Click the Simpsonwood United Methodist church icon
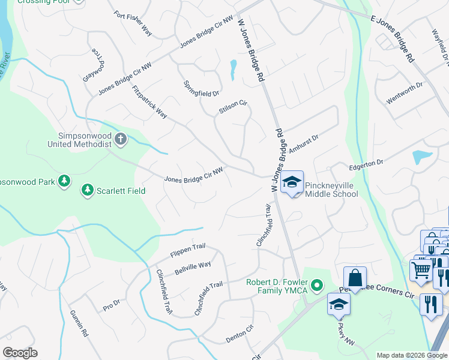120,140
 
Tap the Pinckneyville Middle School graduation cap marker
292,182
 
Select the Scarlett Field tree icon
87,190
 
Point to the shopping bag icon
355,278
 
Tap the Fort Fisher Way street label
133,23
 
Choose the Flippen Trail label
188,250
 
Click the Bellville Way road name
193,268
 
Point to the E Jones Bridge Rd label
393,38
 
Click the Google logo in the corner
20,353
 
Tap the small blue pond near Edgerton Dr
422,157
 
